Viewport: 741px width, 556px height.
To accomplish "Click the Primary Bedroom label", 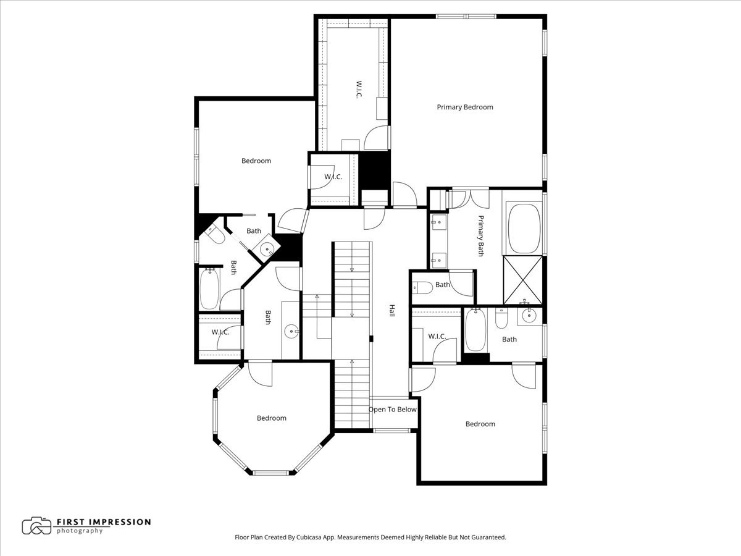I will point(465,107).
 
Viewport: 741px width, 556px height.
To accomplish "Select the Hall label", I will point(391,311).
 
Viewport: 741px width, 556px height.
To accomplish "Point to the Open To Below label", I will point(393,410).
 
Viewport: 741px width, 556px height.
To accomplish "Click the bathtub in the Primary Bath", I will point(524,228).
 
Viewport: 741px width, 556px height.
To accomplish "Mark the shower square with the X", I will point(522,280).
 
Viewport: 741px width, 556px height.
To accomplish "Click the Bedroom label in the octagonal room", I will point(272,418).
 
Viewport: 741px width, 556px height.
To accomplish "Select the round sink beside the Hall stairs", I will point(292,332).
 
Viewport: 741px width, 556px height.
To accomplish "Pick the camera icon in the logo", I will point(36,526).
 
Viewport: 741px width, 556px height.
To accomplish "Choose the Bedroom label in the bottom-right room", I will point(480,424).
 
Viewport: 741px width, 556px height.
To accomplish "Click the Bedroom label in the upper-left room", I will point(256,161).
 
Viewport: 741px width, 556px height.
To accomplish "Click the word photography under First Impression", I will point(80,531).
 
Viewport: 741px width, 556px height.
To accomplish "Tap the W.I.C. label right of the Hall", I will point(437,336).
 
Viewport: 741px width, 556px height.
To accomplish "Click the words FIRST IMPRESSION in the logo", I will point(103,521).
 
